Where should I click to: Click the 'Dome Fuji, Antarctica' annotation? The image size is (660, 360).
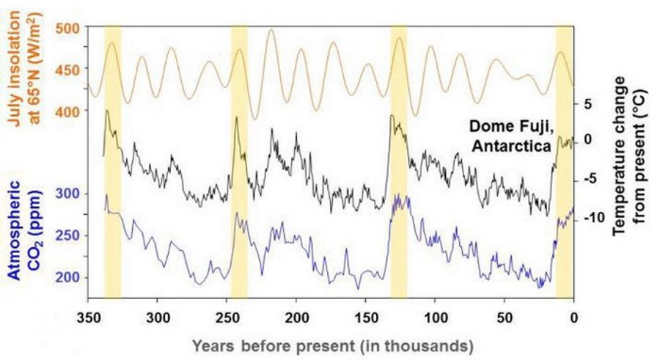click(x=511, y=136)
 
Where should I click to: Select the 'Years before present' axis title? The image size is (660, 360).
click(x=331, y=345)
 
